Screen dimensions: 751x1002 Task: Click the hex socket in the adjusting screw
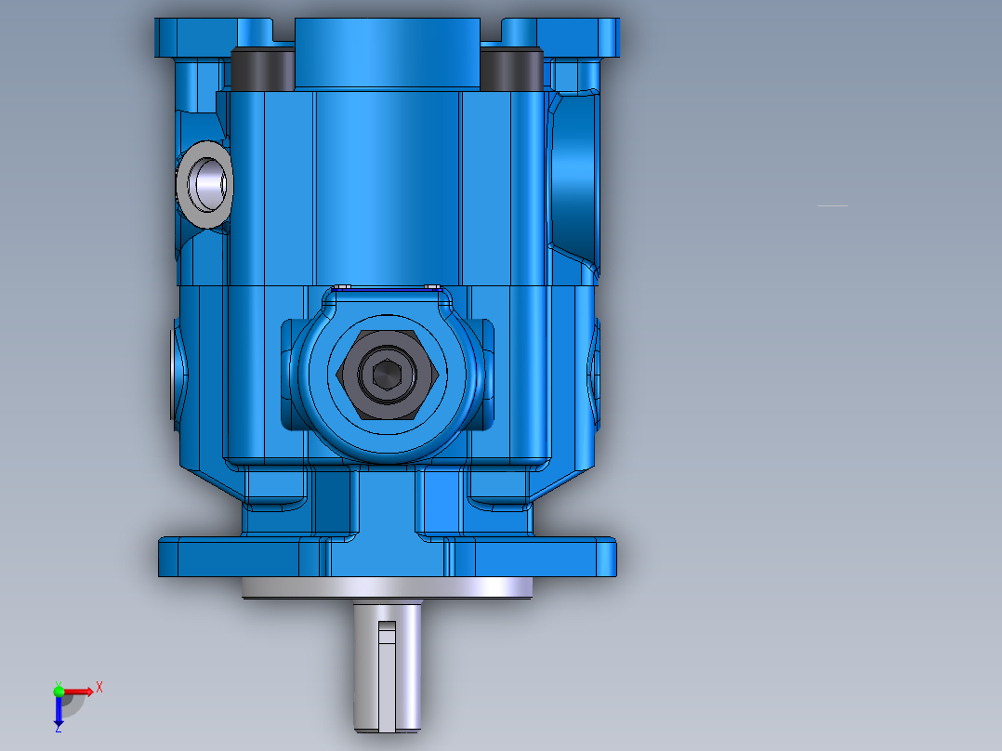click(x=385, y=375)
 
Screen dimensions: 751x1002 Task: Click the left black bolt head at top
click(x=262, y=66)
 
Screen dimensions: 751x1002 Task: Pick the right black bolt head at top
click(x=510, y=66)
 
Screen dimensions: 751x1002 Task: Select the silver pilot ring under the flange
click(x=387, y=587)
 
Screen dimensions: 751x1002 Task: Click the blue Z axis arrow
click(x=59, y=712)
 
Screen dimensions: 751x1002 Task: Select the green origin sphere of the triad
click(x=59, y=691)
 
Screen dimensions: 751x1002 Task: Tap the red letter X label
click(x=99, y=687)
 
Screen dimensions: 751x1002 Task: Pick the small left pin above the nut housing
click(x=341, y=286)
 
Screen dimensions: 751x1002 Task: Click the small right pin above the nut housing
click(x=431, y=286)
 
